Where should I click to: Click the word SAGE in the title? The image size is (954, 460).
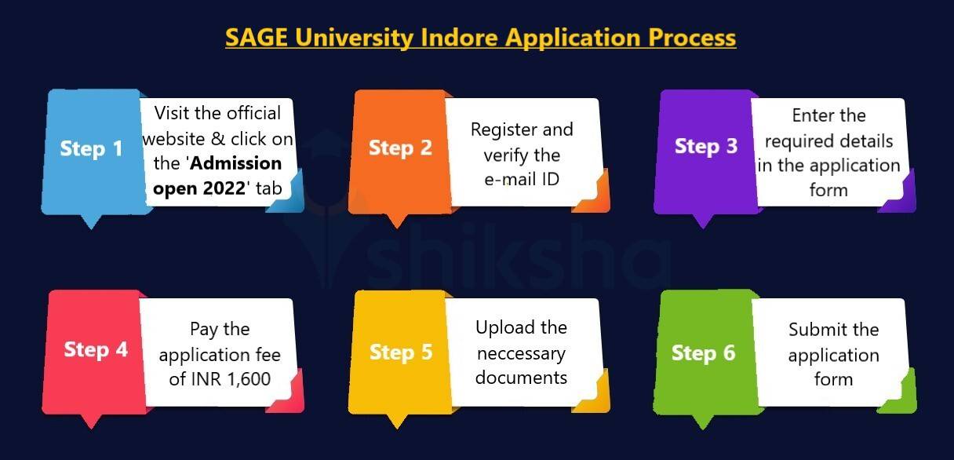click(256, 37)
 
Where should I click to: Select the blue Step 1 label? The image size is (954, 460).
click(91, 148)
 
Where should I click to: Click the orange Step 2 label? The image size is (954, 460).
click(400, 148)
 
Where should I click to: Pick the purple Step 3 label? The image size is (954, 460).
click(706, 146)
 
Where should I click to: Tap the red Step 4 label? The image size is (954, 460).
click(96, 349)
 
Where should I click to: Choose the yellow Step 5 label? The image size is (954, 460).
click(401, 352)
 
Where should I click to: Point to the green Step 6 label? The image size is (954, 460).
click(703, 353)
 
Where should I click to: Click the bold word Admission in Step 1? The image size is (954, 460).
click(236, 162)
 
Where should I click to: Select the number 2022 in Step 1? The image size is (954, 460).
click(224, 188)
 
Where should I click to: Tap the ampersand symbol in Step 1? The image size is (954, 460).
click(217, 139)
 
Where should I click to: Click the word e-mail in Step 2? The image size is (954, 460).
click(510, 179)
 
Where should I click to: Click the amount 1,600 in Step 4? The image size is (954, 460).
click(249, 378)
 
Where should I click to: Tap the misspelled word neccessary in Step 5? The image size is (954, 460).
click(521, 353)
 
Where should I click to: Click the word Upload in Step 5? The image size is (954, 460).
click(506, 328)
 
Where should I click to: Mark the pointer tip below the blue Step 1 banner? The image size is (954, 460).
click(91, 229)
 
